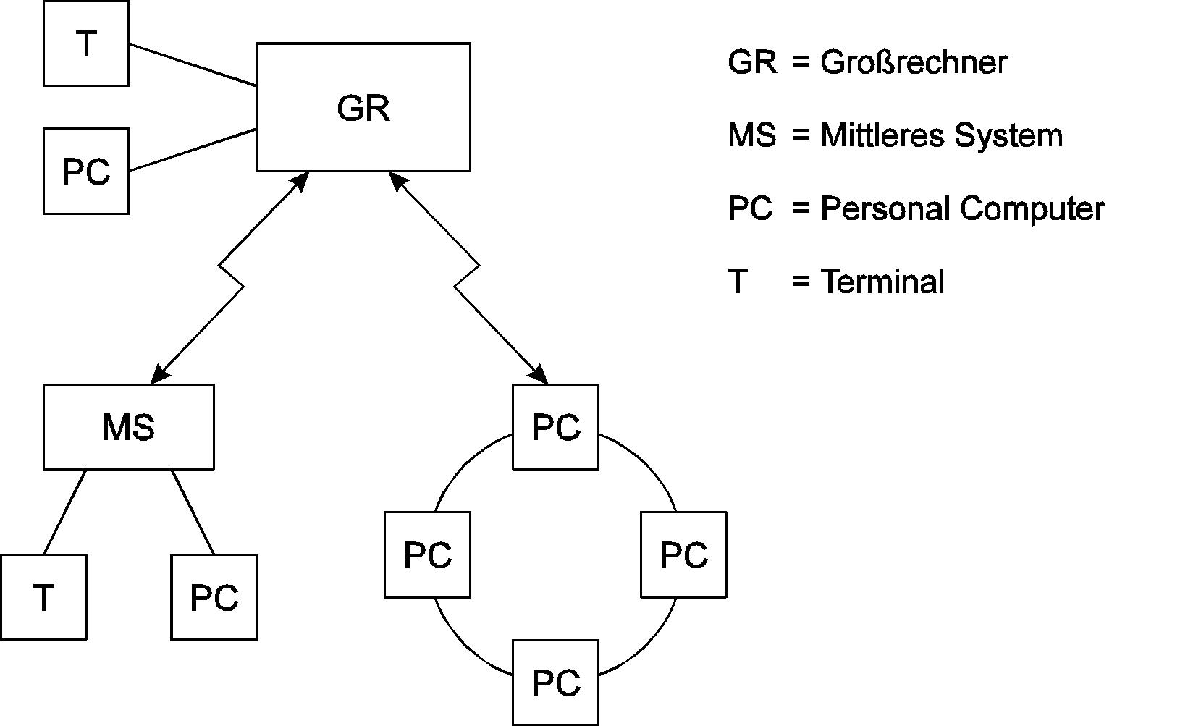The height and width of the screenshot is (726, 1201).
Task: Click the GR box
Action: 363,107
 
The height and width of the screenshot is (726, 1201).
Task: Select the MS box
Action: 128,427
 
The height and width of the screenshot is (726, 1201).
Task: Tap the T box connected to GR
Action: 86,43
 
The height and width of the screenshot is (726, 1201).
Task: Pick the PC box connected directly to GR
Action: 86,172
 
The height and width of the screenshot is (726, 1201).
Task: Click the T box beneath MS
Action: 43,597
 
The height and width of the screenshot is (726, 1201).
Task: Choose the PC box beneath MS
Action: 214,597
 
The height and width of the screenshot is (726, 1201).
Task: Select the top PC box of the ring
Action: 555,427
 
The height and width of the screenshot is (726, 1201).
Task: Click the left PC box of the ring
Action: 427,554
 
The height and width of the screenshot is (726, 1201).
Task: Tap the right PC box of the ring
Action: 683,554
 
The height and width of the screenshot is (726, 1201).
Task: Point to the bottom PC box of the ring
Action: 555,683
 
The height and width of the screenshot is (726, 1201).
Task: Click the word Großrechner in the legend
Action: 913,63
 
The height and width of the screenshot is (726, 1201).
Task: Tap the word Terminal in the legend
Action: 882,282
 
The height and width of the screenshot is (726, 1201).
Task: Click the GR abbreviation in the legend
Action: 752,63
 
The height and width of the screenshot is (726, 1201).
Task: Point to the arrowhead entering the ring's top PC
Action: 540,375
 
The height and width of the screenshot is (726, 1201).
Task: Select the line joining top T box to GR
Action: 193,64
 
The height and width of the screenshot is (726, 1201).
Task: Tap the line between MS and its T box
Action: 65,512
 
